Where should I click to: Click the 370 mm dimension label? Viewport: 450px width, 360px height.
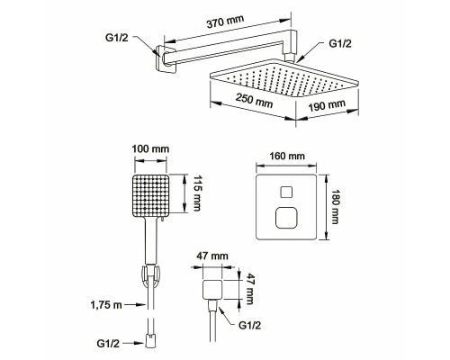pos(225,22)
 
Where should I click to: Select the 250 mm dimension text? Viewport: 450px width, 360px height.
pos(254,101)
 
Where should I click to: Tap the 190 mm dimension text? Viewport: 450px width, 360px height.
pos(327,105)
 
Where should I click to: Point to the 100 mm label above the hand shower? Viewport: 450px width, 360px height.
pos(151,148)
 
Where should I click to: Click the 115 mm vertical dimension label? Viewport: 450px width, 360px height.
pos(196,193)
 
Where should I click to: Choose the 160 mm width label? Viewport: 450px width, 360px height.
pos(287,157)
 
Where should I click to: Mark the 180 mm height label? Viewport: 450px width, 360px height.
pos(335,207)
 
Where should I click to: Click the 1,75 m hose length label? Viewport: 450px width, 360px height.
pos(106,305)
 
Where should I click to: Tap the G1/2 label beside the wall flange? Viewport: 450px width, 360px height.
pos(117,38)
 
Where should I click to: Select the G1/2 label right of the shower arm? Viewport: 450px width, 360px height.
pos(340,44)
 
